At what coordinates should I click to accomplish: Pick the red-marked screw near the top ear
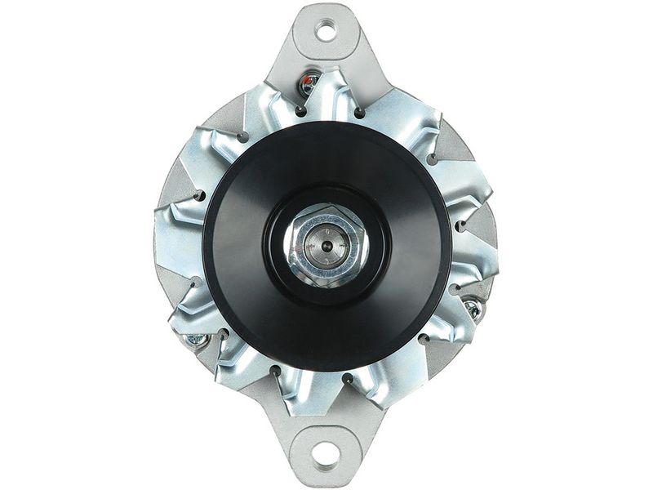pos(309,82)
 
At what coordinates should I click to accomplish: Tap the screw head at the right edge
pos(472,308)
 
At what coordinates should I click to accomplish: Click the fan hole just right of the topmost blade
pos(358,110)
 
